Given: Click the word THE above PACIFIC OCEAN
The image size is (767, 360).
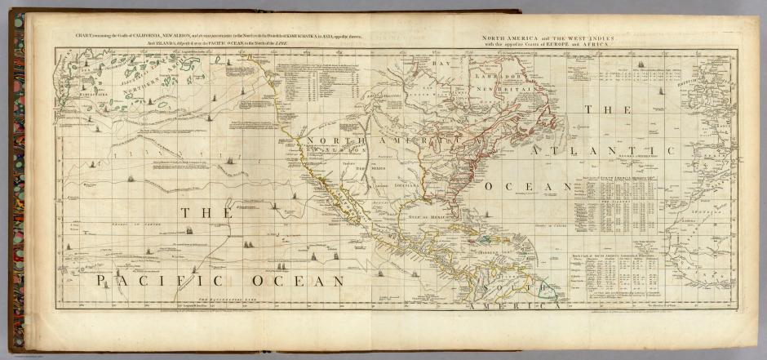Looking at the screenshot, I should [x=198, y=214].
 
